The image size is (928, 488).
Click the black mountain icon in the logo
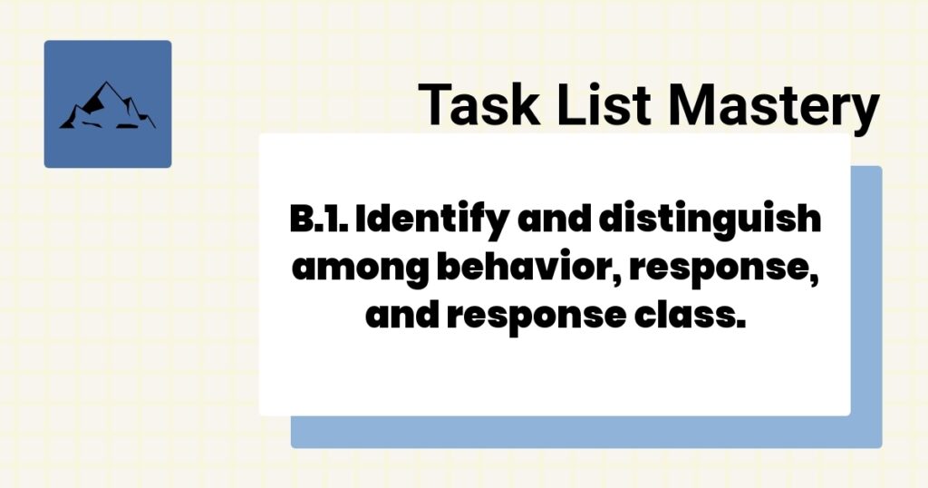pyautogui.click(x=107, y=104)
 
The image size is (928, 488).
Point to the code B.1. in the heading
pyautogui.click(x=310, y=220)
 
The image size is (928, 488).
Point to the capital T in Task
pyautogui.click(x=433, y=104)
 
